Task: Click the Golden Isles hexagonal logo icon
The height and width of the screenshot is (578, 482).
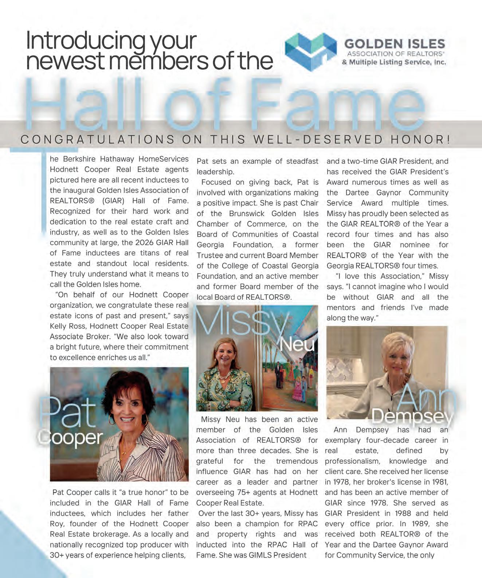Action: (311, 51)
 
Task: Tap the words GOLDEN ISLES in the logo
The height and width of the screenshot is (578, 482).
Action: (395, 44)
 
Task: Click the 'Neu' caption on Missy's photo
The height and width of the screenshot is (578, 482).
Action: (298, 344)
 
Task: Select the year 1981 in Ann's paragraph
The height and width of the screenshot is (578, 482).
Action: (439, 482)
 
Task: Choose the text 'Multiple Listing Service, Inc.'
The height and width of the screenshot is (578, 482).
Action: (397, 62)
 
